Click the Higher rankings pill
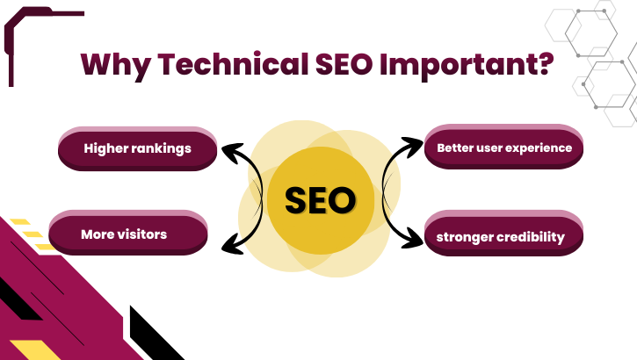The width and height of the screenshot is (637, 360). (x=137, y=148)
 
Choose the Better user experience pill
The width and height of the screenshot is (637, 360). (x=504, y=148)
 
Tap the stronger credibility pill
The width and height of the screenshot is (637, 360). (x=504, y=237)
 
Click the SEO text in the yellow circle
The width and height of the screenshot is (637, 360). (x=320, y=201)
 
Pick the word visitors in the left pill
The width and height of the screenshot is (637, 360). (x=141, y=234)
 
